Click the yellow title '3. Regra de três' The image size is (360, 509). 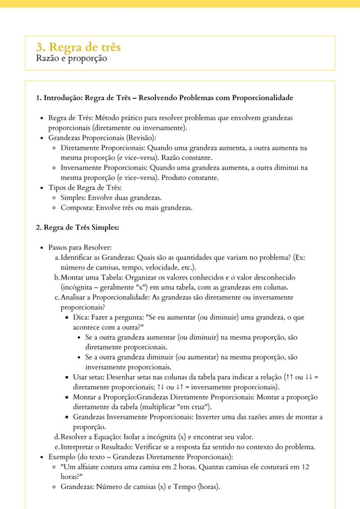(78, 47)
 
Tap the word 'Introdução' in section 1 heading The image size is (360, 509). (62, 98)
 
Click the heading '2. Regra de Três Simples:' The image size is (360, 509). (77, 228)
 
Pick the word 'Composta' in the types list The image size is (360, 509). (77, 207)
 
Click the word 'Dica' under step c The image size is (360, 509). (80, 317)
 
